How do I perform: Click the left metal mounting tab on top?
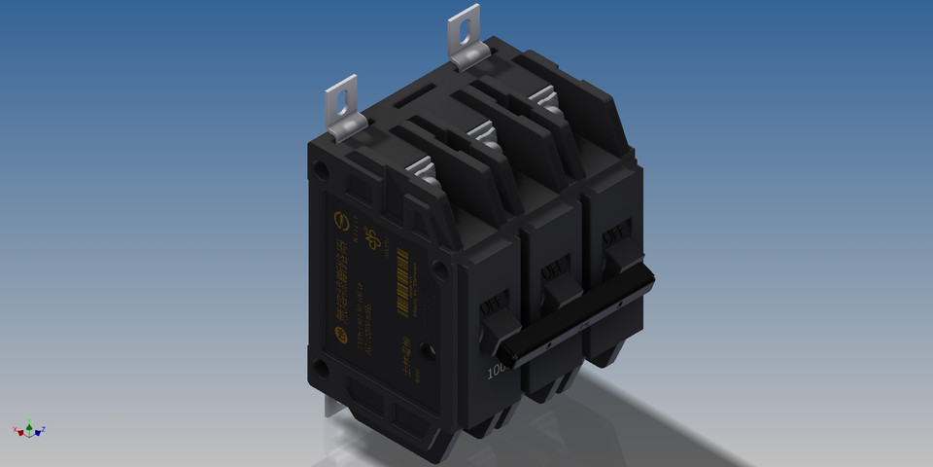pyautogui.click(x=342, y=110)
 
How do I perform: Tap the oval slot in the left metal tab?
pyautogui.click(x=340, y=99)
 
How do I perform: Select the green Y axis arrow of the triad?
pyautogui.click(x=29, y=423)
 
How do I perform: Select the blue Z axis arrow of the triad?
pyautogui.click(x=43, y=429)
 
